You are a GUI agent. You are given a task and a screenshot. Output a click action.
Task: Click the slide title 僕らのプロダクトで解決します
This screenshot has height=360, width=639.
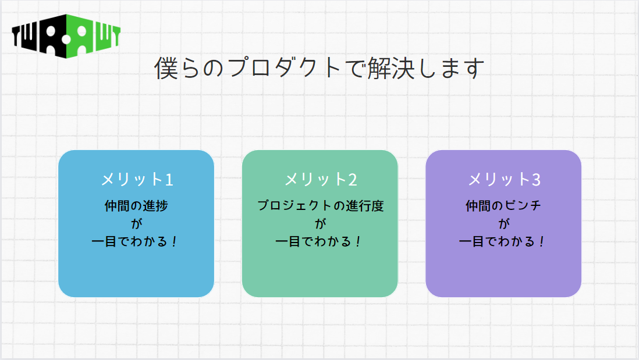point(319,69)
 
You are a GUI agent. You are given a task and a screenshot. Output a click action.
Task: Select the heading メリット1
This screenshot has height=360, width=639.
point(137,179)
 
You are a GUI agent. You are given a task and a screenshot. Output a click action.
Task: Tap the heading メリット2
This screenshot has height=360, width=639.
point(320,179)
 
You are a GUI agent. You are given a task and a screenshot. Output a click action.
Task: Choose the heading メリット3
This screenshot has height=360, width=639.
point(504,179)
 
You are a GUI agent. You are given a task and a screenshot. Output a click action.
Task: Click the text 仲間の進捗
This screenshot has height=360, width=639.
point(137,206)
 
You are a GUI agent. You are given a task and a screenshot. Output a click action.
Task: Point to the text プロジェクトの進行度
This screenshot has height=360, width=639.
point(320,206)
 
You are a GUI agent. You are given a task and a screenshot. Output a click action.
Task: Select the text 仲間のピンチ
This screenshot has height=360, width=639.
point(504,206)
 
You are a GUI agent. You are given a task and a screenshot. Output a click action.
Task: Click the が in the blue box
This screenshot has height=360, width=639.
point(137,223)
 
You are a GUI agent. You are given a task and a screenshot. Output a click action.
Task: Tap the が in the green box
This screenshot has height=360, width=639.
point(320,223)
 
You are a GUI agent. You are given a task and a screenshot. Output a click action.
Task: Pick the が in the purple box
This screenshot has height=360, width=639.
point(504,223)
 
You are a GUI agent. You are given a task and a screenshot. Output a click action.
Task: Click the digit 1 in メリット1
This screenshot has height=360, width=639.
point(169,180)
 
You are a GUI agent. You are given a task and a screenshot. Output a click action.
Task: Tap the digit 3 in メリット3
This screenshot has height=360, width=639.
point(536,180)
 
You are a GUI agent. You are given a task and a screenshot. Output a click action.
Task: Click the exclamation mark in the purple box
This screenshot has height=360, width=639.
point(542,241)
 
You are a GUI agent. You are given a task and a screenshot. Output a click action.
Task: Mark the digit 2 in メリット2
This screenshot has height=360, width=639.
point(353,180)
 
